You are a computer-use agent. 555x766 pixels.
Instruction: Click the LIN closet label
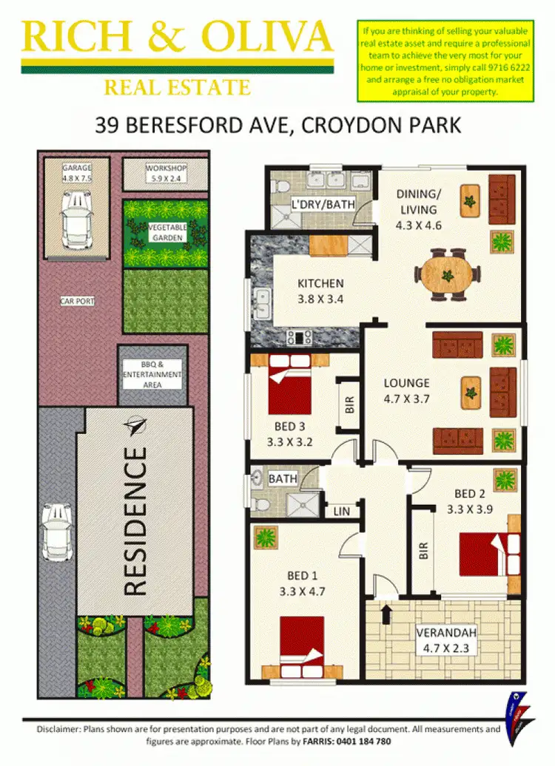pos(342,511)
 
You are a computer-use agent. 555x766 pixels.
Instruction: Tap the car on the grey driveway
pos(56,531)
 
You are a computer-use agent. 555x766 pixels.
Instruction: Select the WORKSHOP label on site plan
pos(166,173)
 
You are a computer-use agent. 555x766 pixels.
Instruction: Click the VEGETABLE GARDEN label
pos(166,231)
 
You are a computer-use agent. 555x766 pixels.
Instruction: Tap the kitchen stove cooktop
pos(300,338)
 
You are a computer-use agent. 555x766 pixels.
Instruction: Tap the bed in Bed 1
pos(301,640)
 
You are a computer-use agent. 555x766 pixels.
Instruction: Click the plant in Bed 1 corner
pos(265,537)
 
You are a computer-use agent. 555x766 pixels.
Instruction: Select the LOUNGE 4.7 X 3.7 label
pos(406,390)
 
